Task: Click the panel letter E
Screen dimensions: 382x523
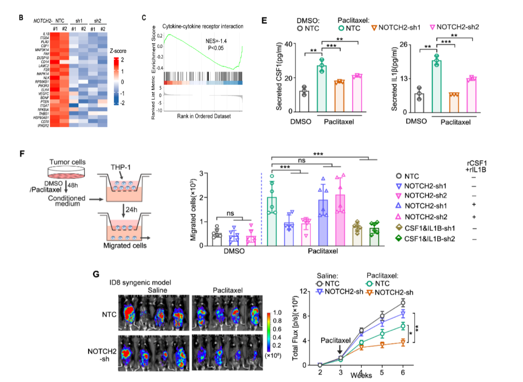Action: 264,20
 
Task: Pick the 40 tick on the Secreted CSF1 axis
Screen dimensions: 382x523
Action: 290,44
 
